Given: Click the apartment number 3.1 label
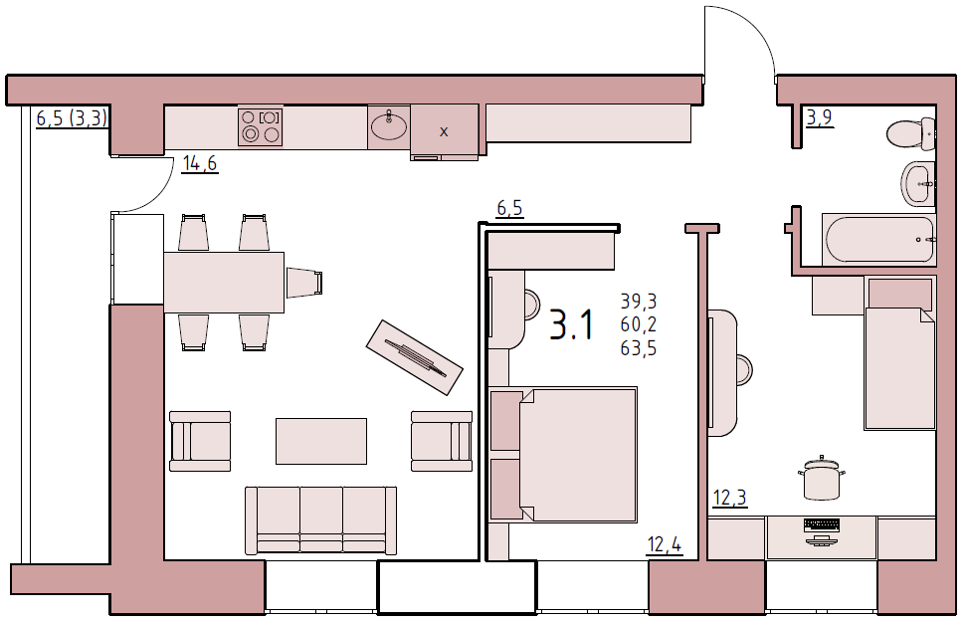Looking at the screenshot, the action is pyautogui.click(x=571, y=324).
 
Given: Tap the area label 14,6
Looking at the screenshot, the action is pyautogui.click(x=200, y=163).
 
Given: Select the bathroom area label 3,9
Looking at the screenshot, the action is pyautogui.click(x=820, y=116).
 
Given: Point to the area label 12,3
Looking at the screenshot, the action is pyautogui.click(x=729, y=497).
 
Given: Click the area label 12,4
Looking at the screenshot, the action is pyautogui.click(x=665, y=544).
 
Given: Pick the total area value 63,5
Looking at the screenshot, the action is pyautogui.click(x=639, y=348).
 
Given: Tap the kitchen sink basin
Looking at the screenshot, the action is pyautogui.click(x=389, y=126).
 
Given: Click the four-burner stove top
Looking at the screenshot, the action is pyautogui.click(x=261, y=126).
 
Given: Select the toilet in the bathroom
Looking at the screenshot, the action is pyautogui.click(x=911, y=132).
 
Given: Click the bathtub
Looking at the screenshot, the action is pyautogui.click(x=879, y=239).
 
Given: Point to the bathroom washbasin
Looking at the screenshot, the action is pyautogui.click(x=918, y=183).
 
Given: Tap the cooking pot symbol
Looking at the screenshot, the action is pyautogui.click(x=822, y=478).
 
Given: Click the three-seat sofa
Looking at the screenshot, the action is pyautogui.click(x=320, y=520).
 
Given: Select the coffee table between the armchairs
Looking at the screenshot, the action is pyautogui.click(x=321, y=441).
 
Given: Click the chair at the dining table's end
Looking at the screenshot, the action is pyautogui.click(x=304, y=283).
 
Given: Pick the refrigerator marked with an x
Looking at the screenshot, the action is pyautogui.click(x=444, y=131).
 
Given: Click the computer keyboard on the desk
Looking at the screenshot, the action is pyautogui.click(x=822, y=524).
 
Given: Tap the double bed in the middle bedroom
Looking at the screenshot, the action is pyautogui.click(x=563, y=455).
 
